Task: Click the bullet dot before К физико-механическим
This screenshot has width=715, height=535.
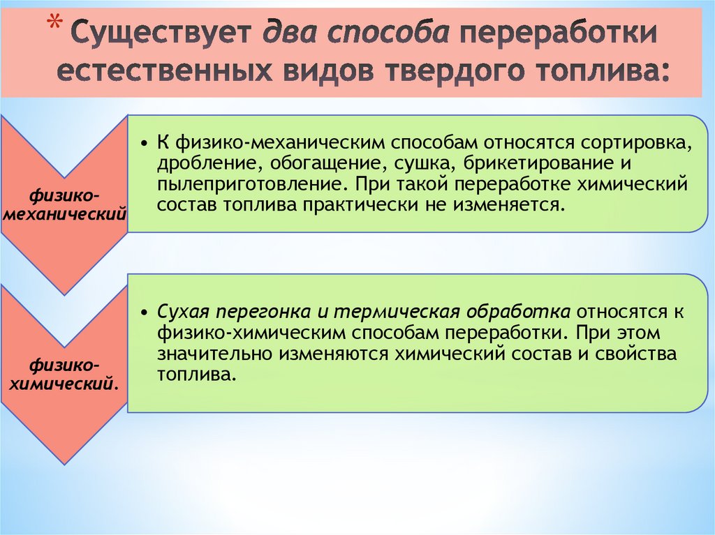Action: point(142,144)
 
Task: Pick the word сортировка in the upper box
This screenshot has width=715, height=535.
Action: point(629,142)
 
